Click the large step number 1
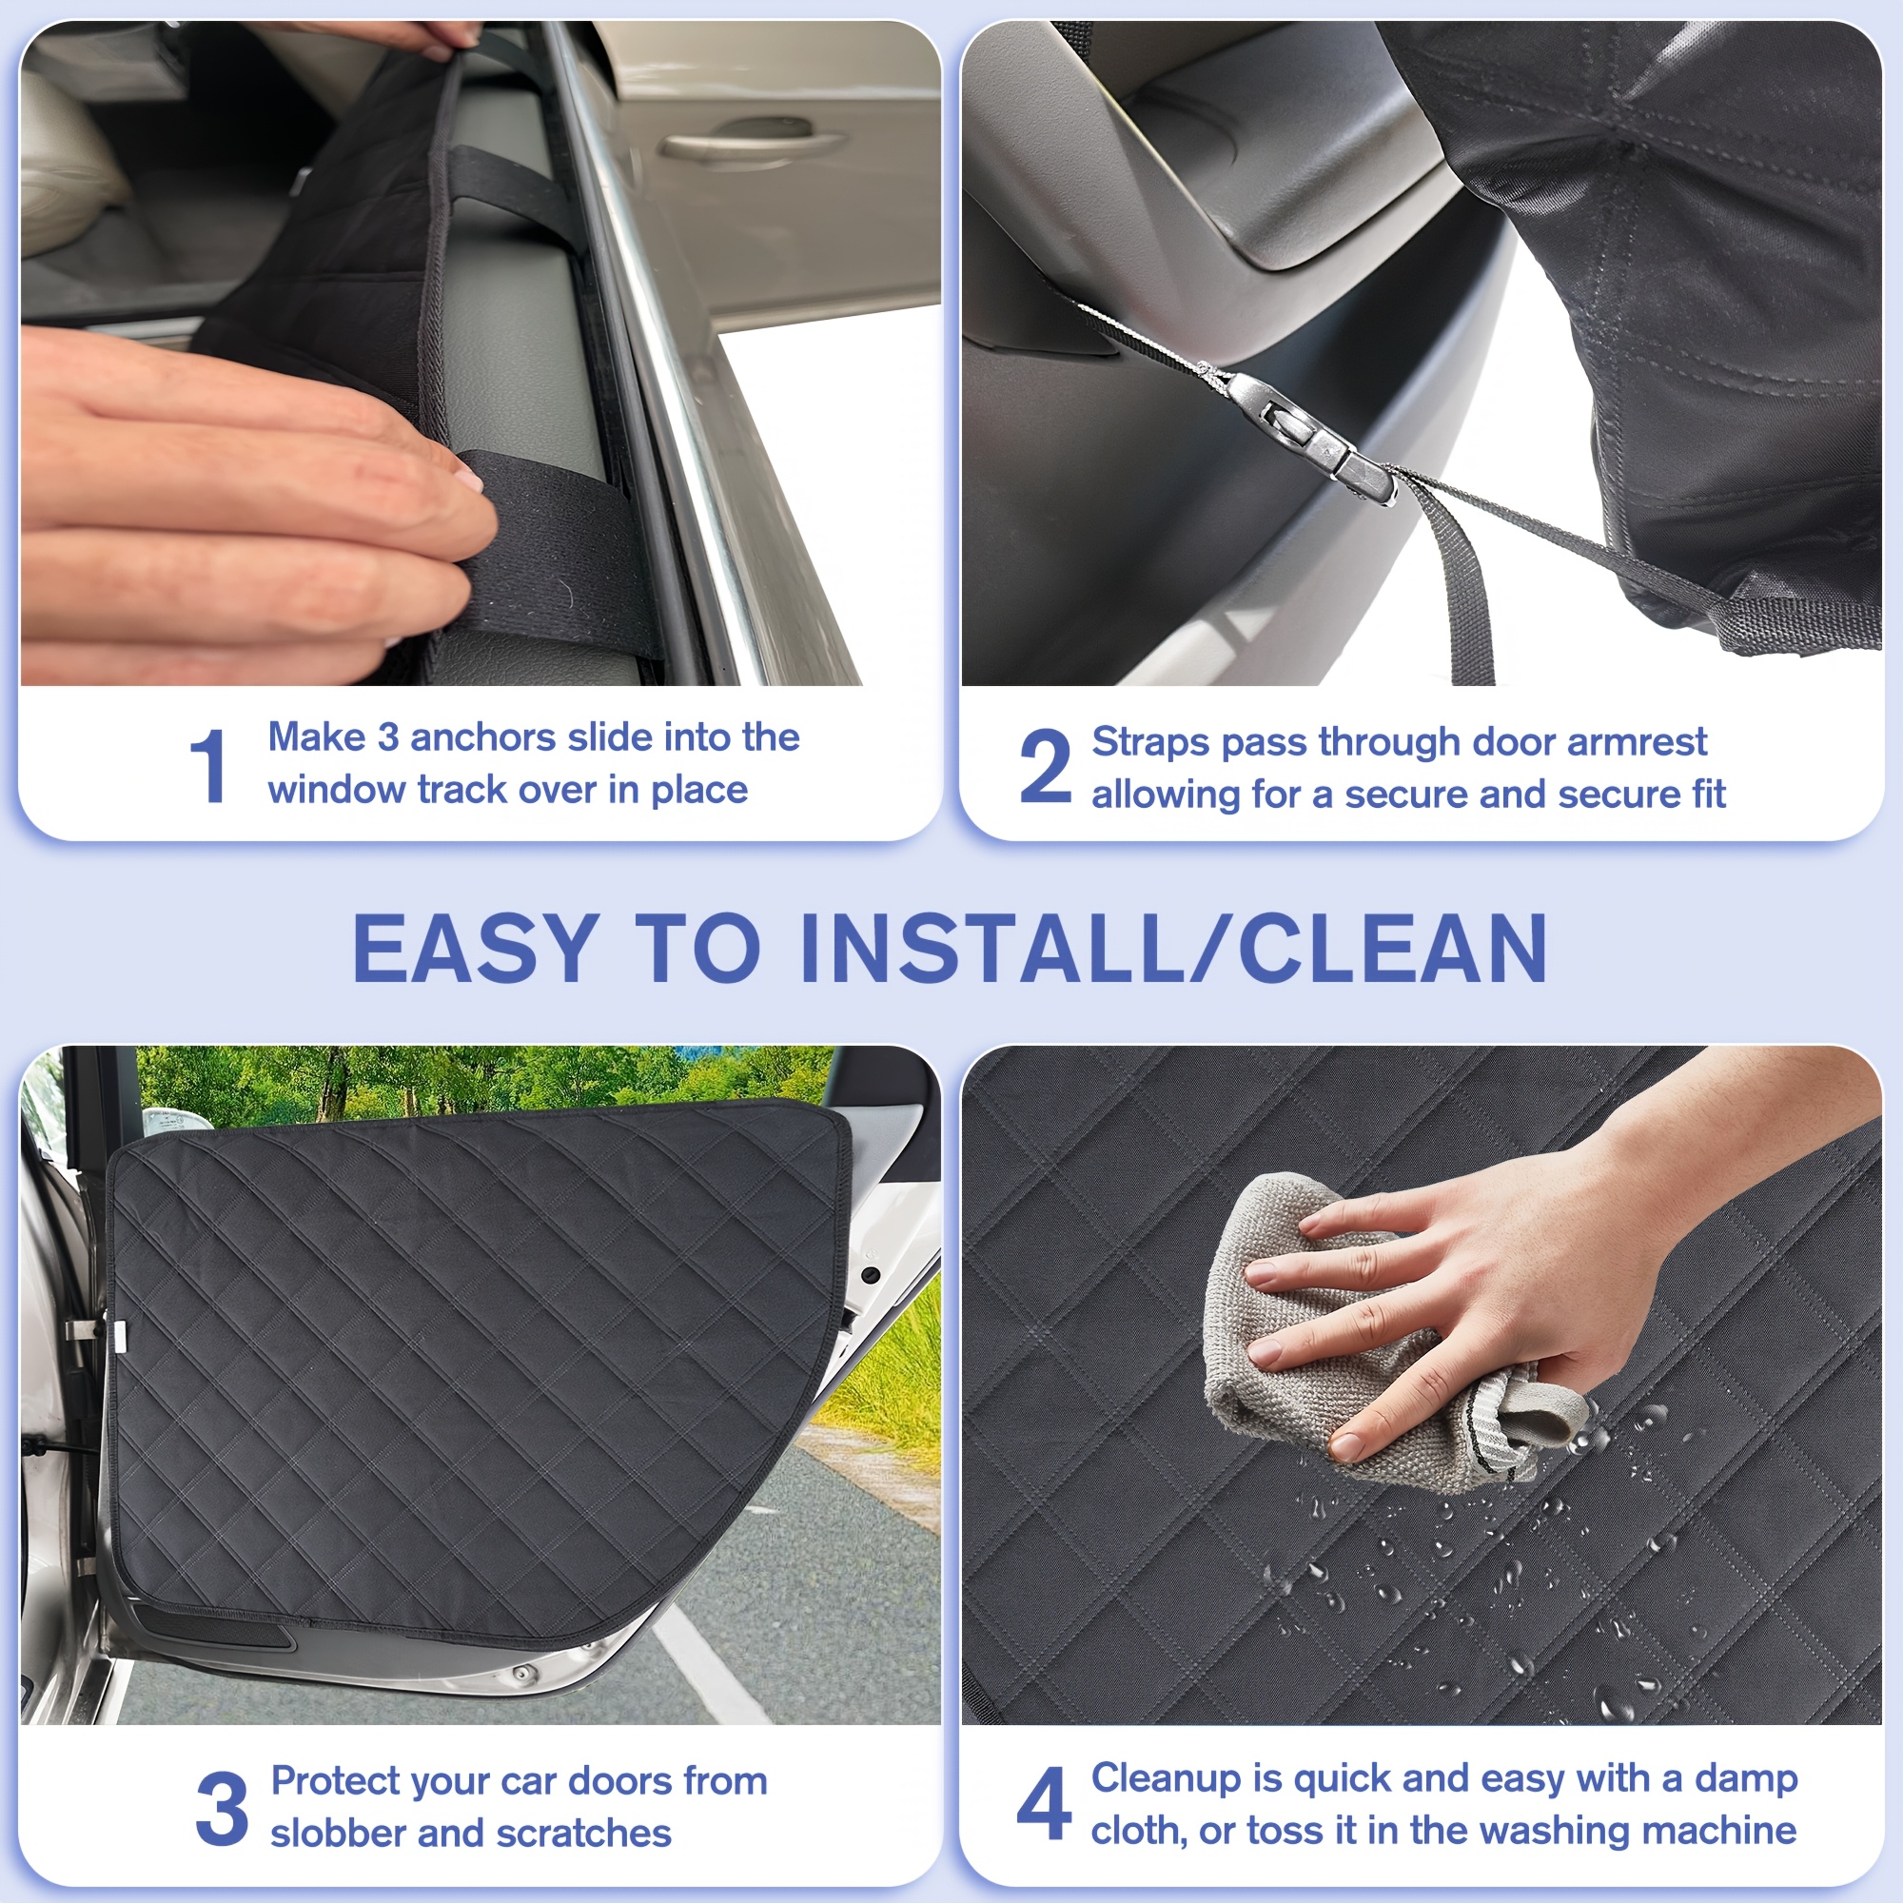[x=208, y=765]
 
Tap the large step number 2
[x=1044, y=765]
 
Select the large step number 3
[x=222, y=1808]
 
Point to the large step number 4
[x=1043, y=1803]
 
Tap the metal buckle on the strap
[x=1310, y=433]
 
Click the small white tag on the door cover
[x=119, y=1333]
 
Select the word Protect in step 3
[x=335, y=1782]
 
